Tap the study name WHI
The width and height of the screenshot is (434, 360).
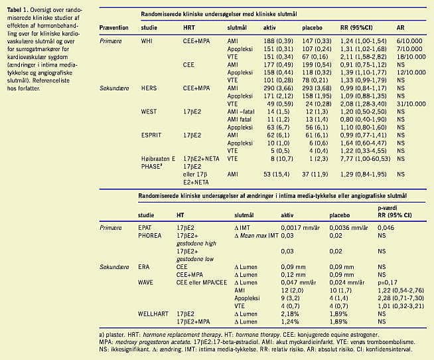[x=147, y=41]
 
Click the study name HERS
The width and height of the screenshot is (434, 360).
[x=149, y=88]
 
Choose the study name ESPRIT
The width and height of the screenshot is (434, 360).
[x=152, y=134]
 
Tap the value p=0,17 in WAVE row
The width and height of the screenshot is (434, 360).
[x=389, y=281]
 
